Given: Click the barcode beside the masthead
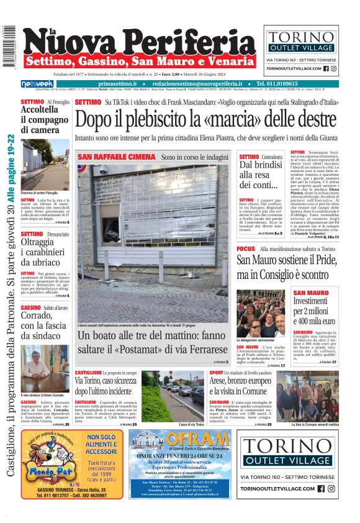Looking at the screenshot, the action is pos(9,47).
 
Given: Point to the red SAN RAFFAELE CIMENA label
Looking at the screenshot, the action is pos(117,157).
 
